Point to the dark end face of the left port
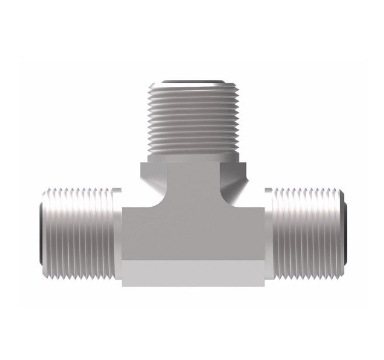point(40,231)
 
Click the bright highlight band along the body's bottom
point(192,274)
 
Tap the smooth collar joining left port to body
point(116,231)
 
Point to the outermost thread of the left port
point(47,231)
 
